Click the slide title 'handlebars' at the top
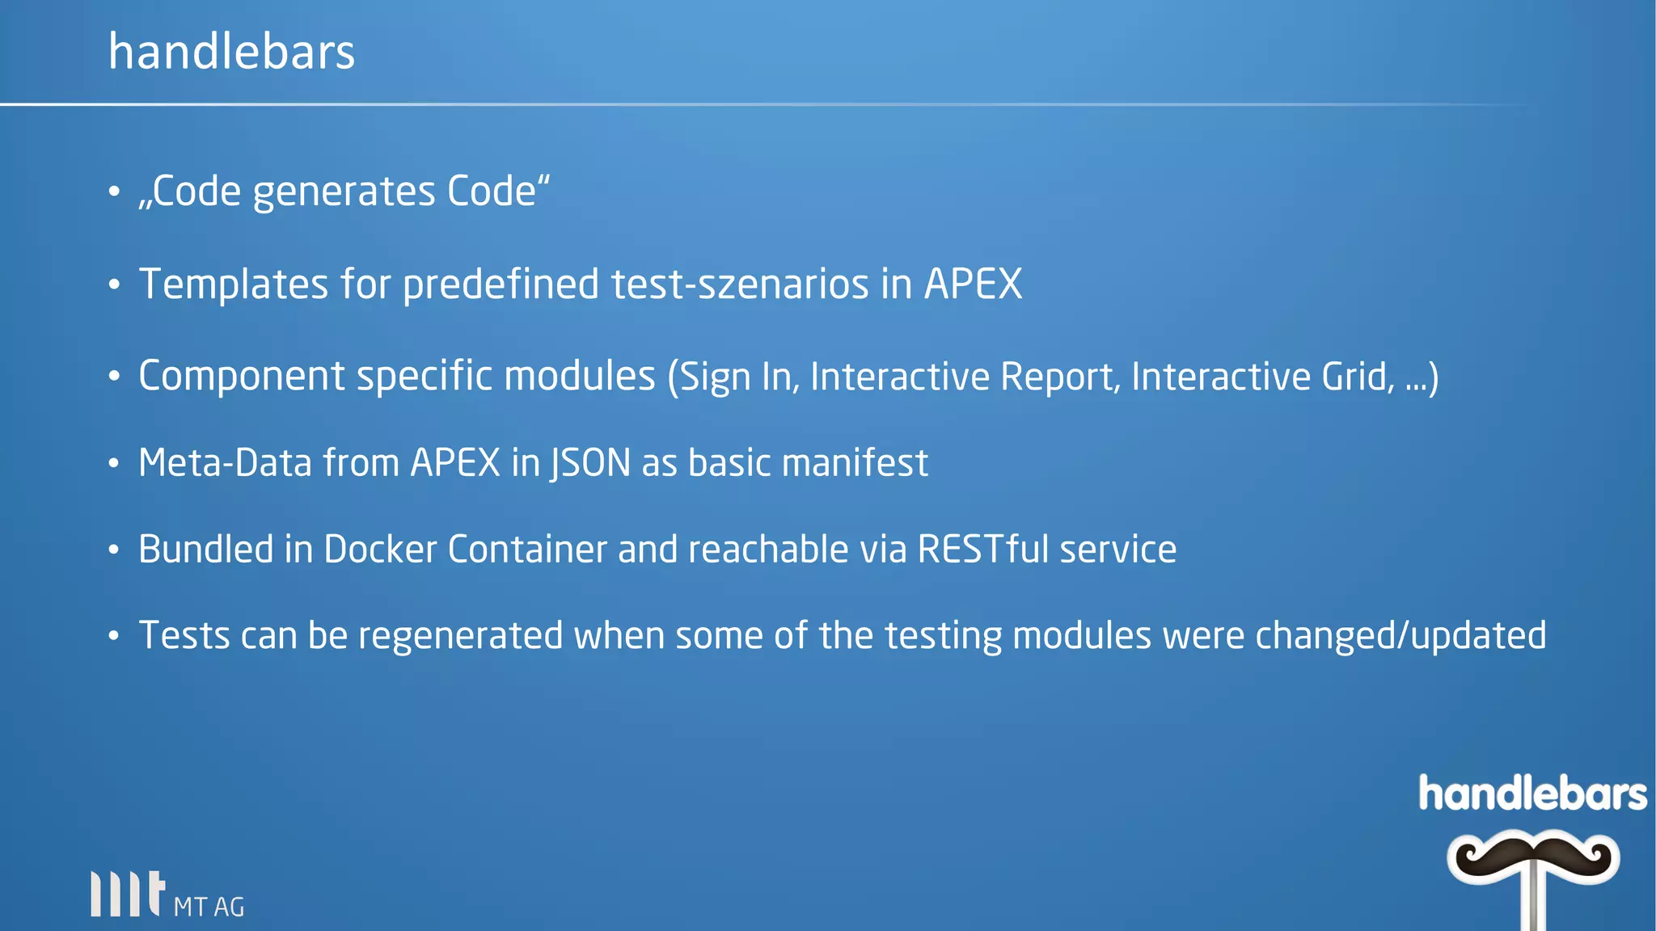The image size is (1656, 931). [231, 52]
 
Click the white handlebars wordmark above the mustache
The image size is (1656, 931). [1532, 794]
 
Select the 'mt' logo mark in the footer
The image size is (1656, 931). [128, 894]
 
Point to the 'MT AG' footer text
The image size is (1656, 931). [209, 907]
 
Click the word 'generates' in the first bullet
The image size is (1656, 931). [344, 192]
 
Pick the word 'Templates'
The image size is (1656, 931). [234, 284]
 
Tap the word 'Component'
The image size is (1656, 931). [242, 377]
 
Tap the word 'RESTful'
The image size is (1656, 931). [982, 550]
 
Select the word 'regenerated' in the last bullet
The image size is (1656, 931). [460, 636]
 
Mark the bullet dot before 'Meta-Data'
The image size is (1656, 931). [114, 464]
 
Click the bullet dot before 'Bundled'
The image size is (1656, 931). [114, 550]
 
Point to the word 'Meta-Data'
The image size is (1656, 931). [225, 463]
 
